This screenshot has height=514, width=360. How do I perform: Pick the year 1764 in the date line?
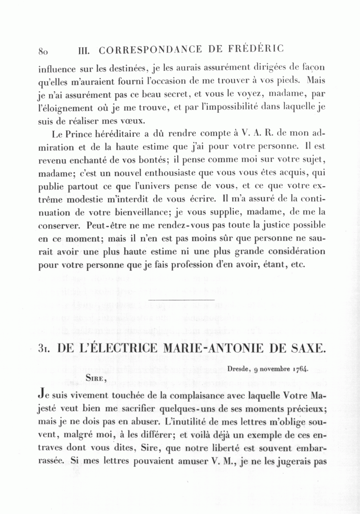pos(300,369)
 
